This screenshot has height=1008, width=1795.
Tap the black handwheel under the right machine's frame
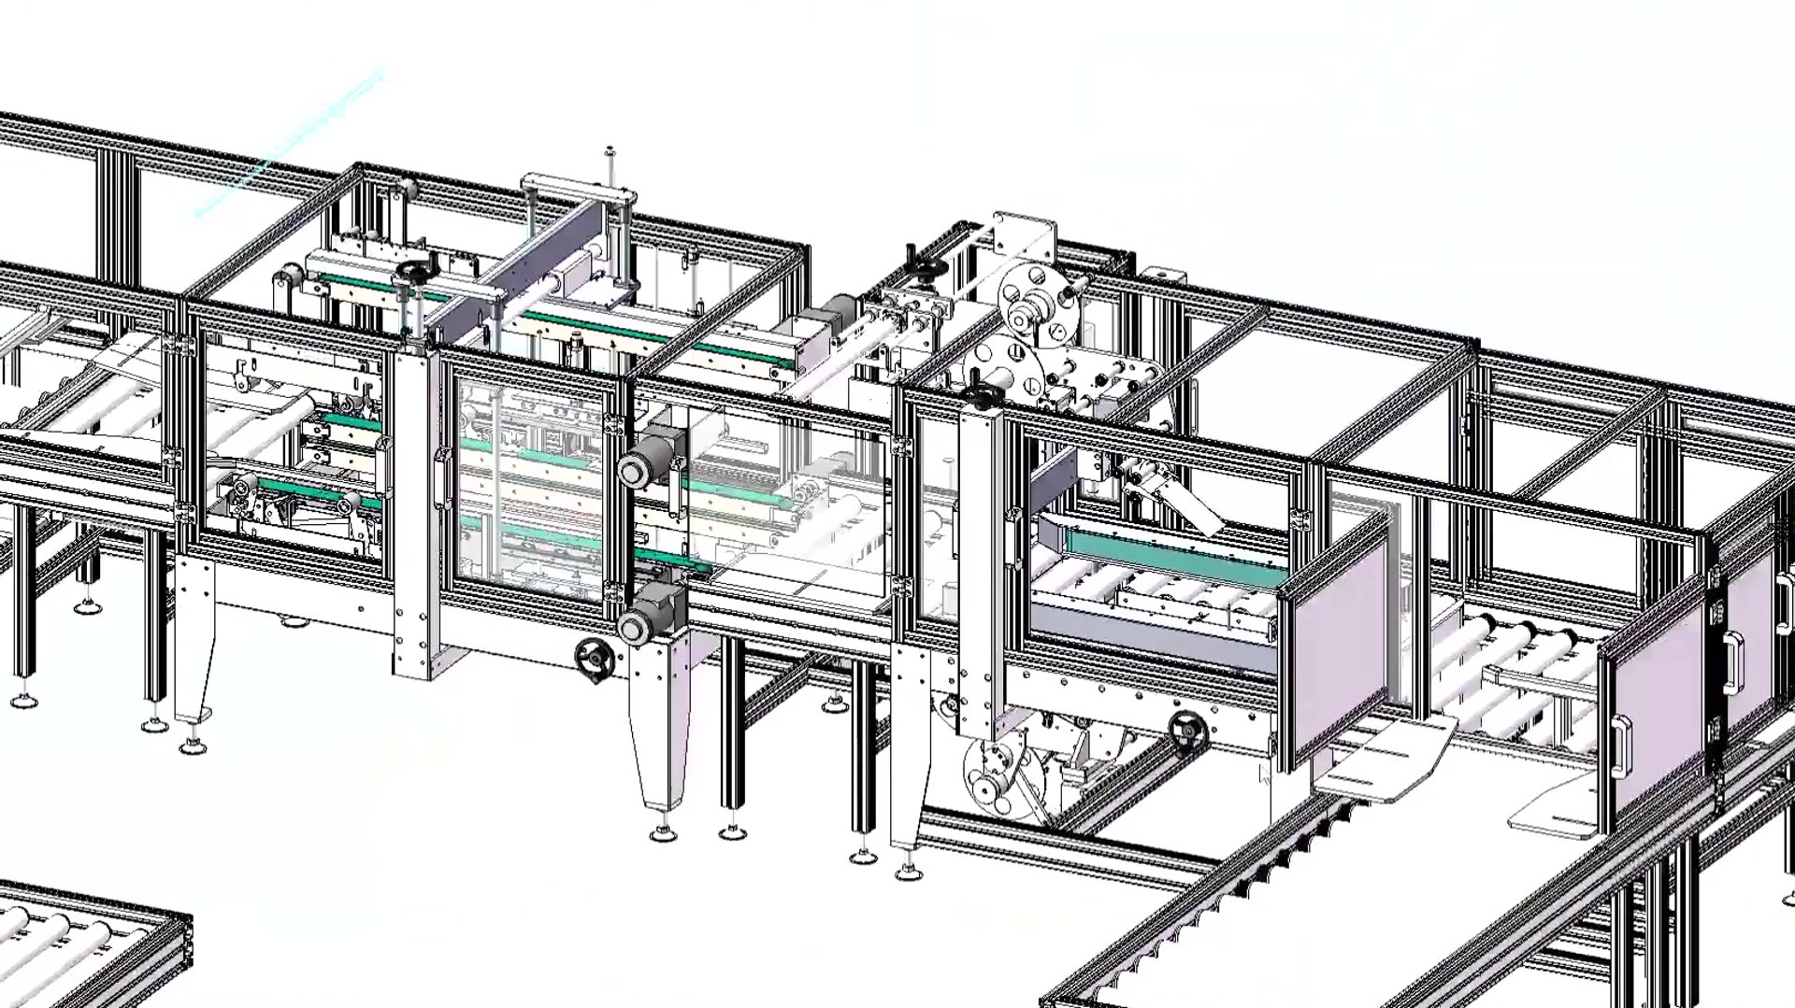1187,728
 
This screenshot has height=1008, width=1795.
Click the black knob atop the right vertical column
981,396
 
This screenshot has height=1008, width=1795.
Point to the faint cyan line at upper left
290,145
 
